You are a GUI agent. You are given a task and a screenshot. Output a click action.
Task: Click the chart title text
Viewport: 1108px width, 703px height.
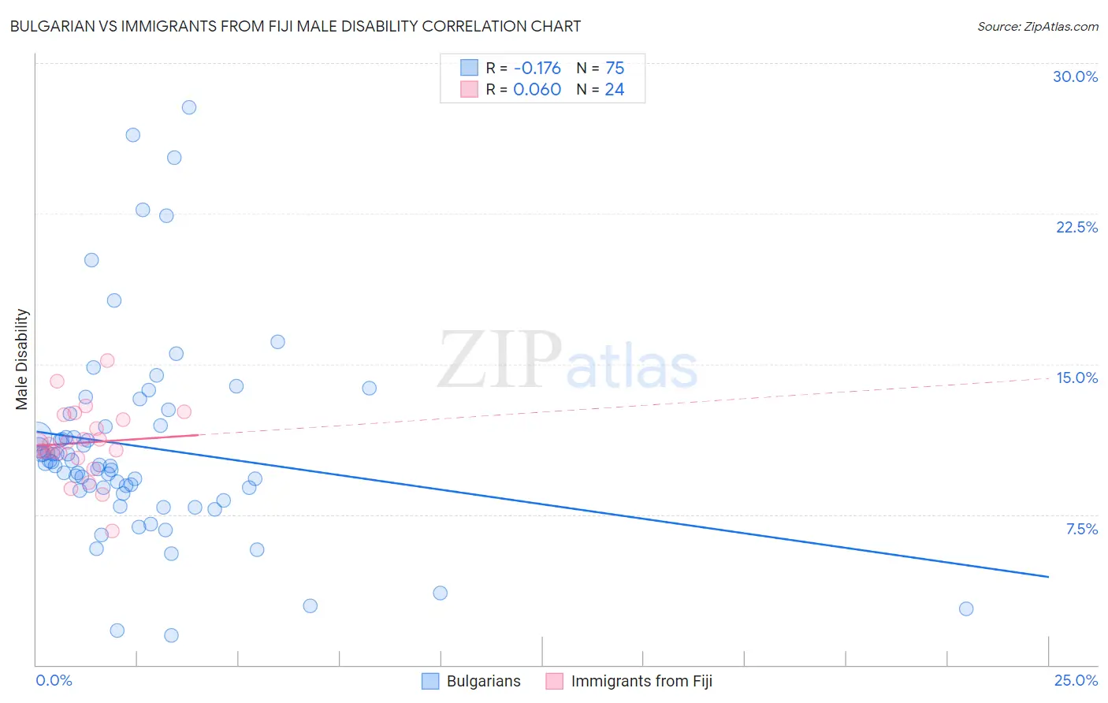pyautogui.click(x=296, y=26)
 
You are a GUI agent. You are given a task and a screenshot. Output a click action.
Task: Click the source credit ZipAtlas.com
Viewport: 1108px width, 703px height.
pyautogui.click(x=1037, y=26)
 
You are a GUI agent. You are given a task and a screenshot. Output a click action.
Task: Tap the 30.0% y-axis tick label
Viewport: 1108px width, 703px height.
pyautogui.click(x=1075, y=76)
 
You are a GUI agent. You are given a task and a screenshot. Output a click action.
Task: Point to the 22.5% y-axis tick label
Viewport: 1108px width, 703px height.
pyautogui.click(x=1076, y=227)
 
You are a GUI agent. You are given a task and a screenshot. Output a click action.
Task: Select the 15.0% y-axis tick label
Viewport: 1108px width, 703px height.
pyautogui.click(x=1076, y=378)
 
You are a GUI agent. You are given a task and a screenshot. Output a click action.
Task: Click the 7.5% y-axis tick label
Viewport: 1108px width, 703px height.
pyautogui.click(x=1081, y=529)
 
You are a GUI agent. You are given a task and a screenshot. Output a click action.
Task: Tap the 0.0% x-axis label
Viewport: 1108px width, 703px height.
pyautogui.click(x=54, y=680)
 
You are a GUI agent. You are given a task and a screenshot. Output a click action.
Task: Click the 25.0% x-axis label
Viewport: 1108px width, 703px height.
pyautogui.click(x=1076, y=680)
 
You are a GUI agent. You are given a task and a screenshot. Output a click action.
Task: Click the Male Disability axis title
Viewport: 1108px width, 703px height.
pyautogui.click(x=21, y=359)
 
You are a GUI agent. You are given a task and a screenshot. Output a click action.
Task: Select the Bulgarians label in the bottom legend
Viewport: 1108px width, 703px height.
pyautogui.click(x=483, y=681)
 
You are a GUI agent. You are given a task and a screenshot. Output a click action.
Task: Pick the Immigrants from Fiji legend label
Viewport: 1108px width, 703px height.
pyautogui.click(x=641, y=681)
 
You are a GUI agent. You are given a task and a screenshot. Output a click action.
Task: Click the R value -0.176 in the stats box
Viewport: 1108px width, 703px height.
pyautogui.click(x=537, y=68)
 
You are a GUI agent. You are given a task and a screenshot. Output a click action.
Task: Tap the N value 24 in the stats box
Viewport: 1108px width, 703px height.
pyautogui.click(x=614, y=89)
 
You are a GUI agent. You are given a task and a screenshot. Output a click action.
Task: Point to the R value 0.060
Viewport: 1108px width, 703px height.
pyautogui.click(x=537, y=89)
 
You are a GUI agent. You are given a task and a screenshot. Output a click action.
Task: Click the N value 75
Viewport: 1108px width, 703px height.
pyautogui.click(x=615, y=68)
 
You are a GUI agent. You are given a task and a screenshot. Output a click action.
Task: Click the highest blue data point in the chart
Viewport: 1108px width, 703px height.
pyautogui.click(x=189, y=107)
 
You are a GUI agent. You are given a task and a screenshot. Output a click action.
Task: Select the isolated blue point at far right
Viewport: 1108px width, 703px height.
pyautogui.click(x=966, y=608)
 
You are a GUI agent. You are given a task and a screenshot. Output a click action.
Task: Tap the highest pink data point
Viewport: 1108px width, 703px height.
pyautogui.click(x=107, y=360)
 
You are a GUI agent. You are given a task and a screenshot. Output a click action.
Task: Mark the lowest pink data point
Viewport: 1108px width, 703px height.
pyautogui.click(x=112, y=530)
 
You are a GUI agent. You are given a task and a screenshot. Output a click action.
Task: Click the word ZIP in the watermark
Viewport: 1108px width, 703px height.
pyautogui.click(x=500, y=361)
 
